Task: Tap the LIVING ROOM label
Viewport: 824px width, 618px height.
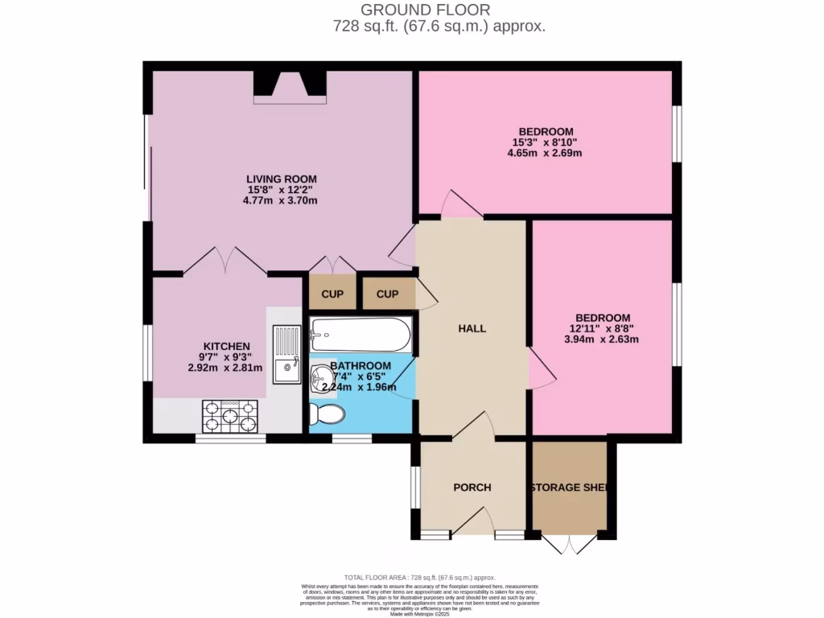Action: [281, 179]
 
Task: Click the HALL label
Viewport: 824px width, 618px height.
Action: [472, 328]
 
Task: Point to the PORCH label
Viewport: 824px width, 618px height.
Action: [472, 488]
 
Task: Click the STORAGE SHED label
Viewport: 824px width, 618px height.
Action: [568, 488]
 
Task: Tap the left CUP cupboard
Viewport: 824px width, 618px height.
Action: [332, 295]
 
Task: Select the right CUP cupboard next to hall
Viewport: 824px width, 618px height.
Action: [388, 295]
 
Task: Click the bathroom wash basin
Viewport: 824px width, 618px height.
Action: [321, 377]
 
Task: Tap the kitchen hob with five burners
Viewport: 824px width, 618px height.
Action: [229, 416]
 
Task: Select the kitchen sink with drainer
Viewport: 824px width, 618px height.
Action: [286, 354]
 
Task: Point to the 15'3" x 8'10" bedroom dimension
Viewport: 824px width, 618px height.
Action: [546, 142]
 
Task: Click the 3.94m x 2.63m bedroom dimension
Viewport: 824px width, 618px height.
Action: [602, 340]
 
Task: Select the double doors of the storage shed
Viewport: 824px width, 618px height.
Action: [569, 544]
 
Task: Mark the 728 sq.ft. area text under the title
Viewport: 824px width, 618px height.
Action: [439, 26]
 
